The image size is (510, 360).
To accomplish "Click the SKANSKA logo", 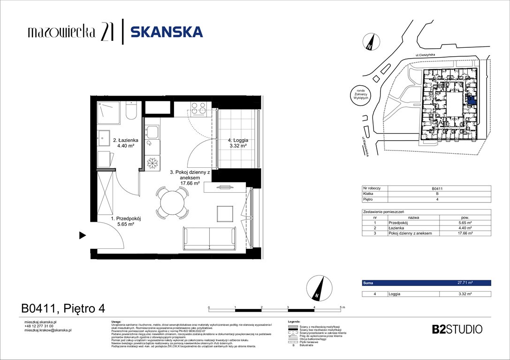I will point(167,32).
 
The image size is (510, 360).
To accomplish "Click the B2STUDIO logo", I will point(457,329).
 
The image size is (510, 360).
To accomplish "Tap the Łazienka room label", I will point(123,142).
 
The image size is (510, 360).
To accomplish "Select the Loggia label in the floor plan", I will point(238,142).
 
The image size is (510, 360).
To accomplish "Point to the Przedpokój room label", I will point(126,221).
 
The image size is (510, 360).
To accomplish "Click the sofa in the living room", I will point(209,239).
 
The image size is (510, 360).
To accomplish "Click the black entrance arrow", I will point(83,235).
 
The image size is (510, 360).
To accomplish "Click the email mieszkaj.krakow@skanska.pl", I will point(47,330).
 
